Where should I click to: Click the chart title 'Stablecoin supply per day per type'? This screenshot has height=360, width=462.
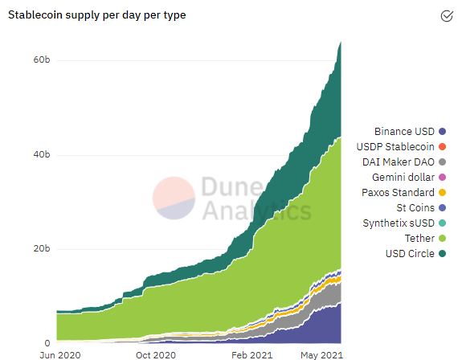click(x=97, y=15)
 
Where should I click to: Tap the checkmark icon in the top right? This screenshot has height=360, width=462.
click(x=447, y=15)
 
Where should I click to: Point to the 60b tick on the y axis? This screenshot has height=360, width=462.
click(x=42, y=60)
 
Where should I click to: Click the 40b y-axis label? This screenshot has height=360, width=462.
click(x=42, y=154)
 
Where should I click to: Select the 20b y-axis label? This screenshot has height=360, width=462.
click(x=42, y=248)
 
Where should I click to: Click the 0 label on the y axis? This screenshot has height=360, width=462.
click(x=47, y=342)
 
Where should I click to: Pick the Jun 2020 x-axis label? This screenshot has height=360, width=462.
click(x=59, y=354)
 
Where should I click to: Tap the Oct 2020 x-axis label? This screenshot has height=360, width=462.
click(x=155, y=354)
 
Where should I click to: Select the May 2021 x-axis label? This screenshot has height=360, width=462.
click(x=321, y=354)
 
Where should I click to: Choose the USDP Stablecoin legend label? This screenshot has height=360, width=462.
click(x=399, y=146)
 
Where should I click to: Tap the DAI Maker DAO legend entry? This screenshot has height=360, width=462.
click(x=399, y=162)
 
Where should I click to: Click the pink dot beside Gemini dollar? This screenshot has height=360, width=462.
click(x=442, y=177)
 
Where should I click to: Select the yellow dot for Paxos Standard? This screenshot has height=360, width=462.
click(x=442, y=193)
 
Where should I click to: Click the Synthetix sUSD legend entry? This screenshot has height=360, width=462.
click(x=399, y=223)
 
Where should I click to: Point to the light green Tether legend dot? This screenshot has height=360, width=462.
click(x=442, y=239)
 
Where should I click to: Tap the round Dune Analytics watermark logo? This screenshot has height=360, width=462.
click(x=174, y=198)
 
